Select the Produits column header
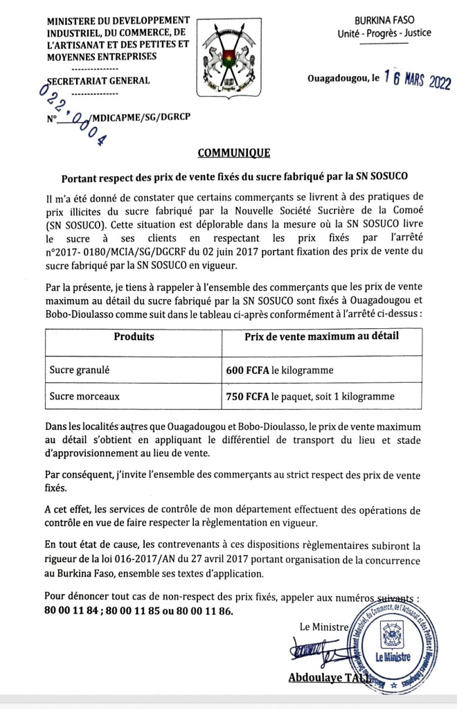click(x=134, y=337)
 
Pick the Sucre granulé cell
click(x=79, y=370)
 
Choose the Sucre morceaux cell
click(x=84, y=397)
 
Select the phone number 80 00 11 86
click(x=203, y=611)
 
